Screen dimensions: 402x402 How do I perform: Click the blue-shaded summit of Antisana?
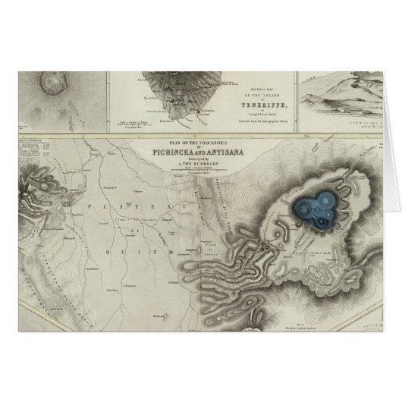tap(314, 206)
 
